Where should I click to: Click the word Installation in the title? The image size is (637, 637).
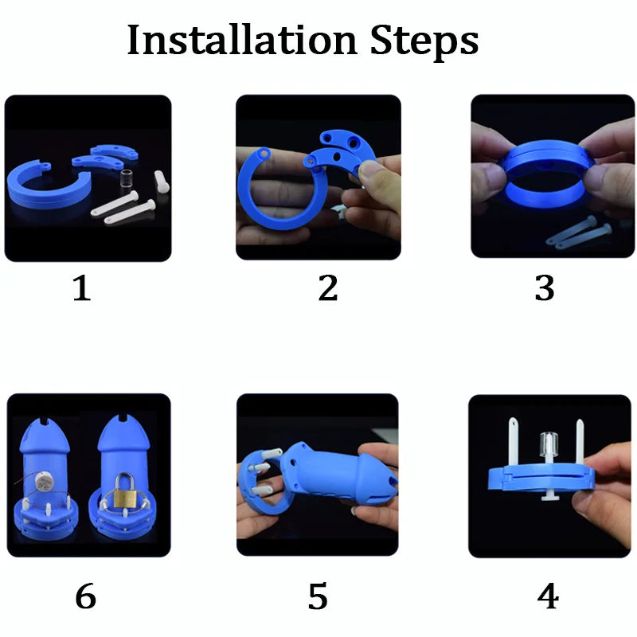click(x=242, y=40)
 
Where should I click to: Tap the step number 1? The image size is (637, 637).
click(x=82, y=288)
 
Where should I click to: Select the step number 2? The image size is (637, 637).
click(x=328, y=287)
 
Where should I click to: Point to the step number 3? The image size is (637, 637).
click(x=545, y=288)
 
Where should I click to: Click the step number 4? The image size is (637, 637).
click(x=548, y=596)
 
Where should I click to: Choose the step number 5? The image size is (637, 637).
click(x=318, y=596)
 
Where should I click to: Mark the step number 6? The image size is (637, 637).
click(x=86, y=596)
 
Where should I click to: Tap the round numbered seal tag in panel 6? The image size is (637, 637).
click(x=42, y=482)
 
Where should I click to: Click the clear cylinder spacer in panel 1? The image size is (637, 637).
click(x=127, y=178)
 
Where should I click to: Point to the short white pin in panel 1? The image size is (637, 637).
click(x=162, y=182)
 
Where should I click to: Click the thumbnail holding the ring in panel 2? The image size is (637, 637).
click(x=370, y=170)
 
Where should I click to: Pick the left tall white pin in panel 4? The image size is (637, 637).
click(x=514, y=442)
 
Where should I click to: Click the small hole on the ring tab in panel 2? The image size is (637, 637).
click(x=265, y=154)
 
